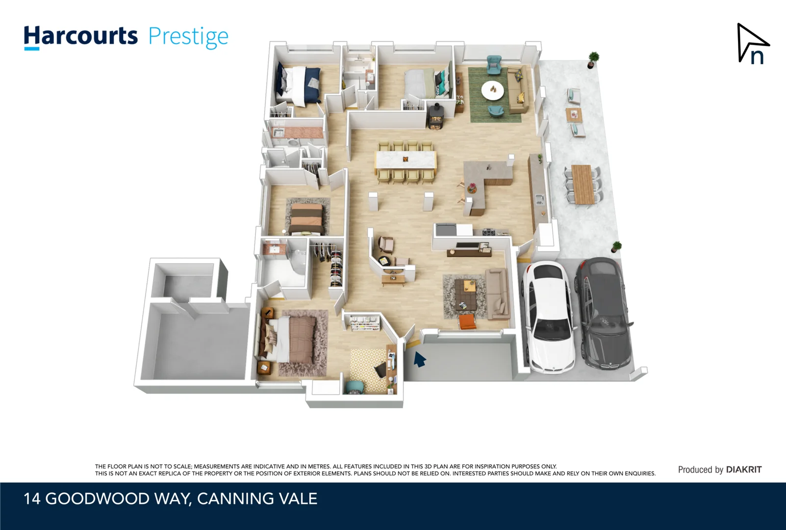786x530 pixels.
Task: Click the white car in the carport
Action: coord(548,317)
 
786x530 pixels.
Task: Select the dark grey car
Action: coord(603,314)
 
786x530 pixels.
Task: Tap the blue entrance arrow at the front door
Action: coord(419,360)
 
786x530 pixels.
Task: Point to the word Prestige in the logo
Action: coord(188,37)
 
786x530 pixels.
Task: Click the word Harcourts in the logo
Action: coord(81,37)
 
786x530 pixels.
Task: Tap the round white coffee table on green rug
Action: coord(492,90)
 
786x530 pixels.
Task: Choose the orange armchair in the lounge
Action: coord(467,322)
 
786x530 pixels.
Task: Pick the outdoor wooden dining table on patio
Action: coord(583,184)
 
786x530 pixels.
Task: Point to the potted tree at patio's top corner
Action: coord(593,59)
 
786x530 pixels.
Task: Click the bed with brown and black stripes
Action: coord(306,219)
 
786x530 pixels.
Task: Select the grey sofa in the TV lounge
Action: coord(497,293)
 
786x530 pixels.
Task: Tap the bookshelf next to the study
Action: coord(364,323)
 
